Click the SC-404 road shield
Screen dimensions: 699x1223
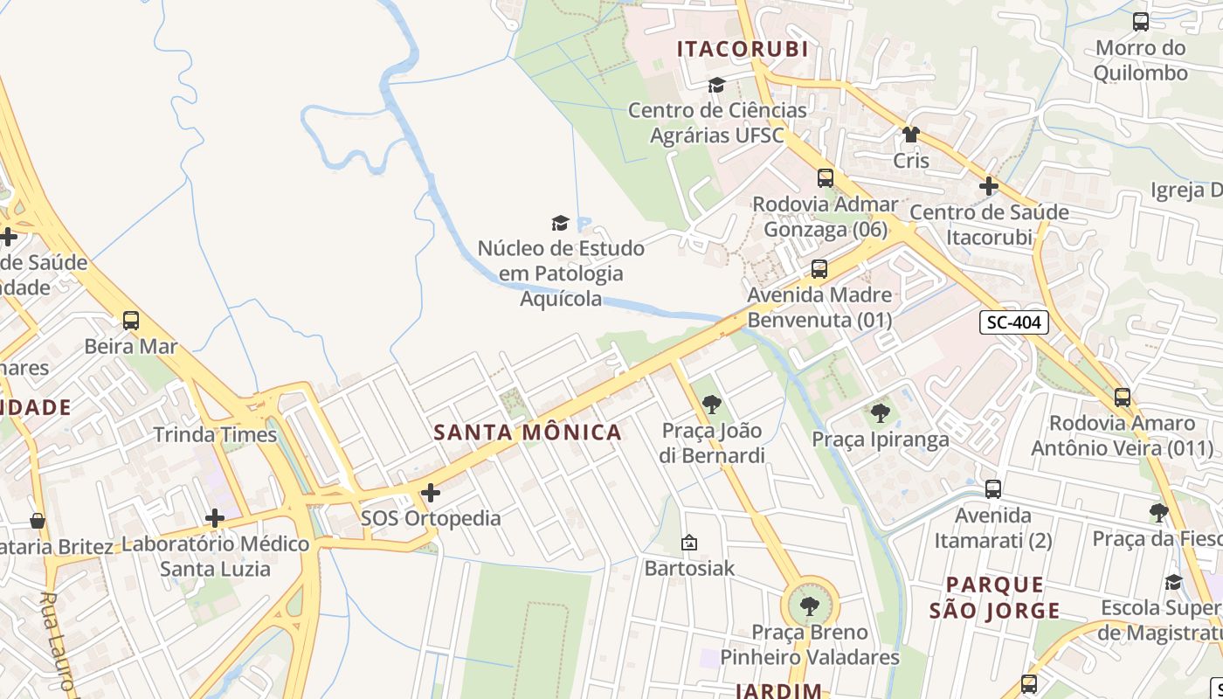[x=1013, y=322]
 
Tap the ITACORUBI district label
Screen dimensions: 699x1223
[x=743, y=49]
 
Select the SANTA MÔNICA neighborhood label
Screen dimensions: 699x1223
[x=528, y=432]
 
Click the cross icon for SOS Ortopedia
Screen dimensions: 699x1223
[x=431, y=493]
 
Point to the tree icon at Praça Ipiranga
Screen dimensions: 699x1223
[x=880, y=413]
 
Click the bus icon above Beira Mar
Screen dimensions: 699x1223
[x=131, y=321]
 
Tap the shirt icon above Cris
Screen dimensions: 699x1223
[x=911, y=135]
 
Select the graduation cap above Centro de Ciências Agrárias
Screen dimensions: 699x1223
[x=716, y=85]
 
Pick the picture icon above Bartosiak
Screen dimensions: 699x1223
[x=689, y=543]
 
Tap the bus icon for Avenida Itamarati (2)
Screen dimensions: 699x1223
[x=993, y=489]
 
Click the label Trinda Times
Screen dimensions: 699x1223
[x=215, y=434]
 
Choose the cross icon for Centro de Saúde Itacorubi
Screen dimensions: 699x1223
[x=989, y=186]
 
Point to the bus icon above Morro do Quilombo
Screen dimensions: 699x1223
[x=1141, y=22]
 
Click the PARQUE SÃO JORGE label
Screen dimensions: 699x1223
[x=994, y=598]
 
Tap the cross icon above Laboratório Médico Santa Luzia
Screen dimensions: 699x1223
[x=215, y=518]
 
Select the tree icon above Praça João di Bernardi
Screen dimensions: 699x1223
[x=712, y=405]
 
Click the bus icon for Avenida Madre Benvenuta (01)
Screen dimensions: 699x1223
[x=819, y=269]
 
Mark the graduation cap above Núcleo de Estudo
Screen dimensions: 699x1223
[x=560, y=223]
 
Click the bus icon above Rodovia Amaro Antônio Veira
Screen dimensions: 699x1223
[x=1123, y=398]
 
